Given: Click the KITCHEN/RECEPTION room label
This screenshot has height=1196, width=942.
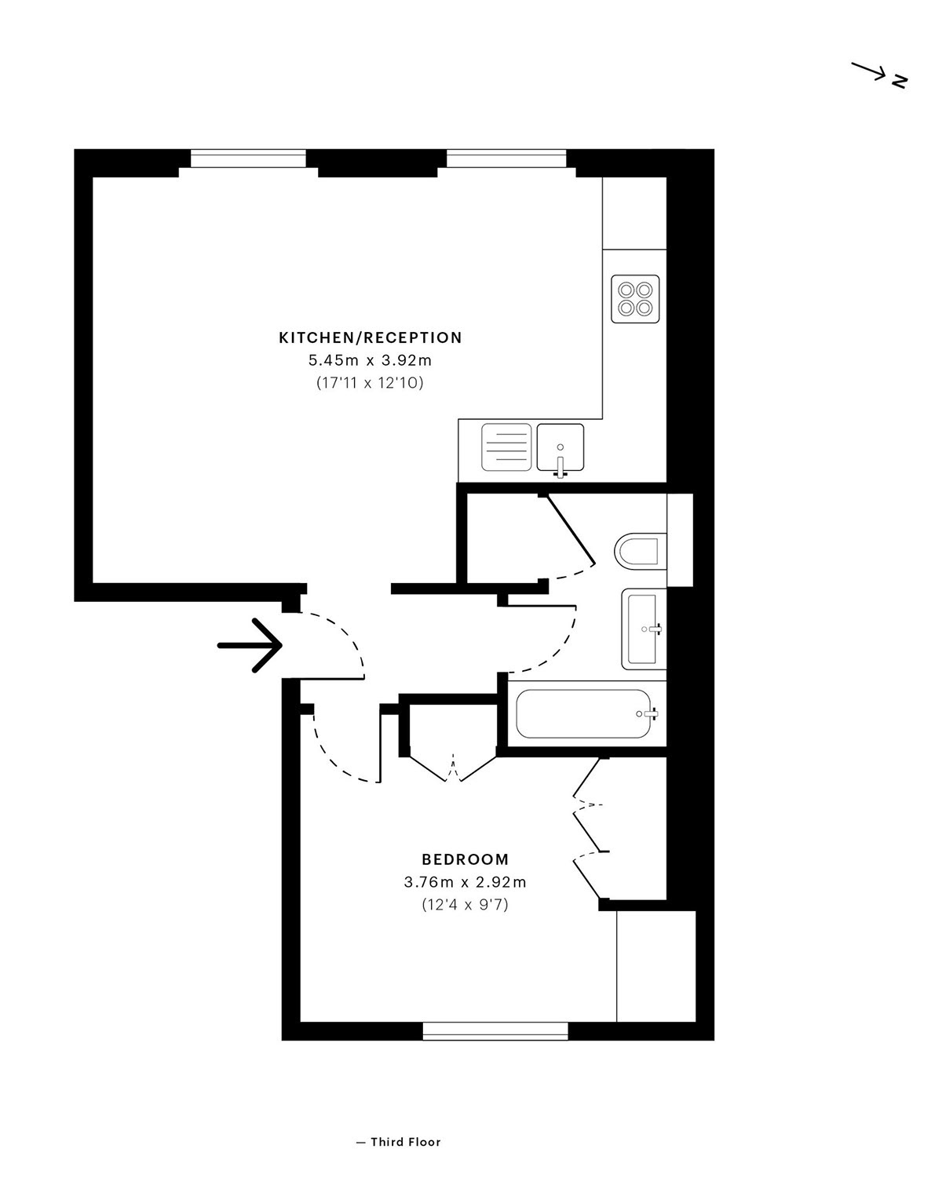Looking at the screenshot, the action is point(371,338).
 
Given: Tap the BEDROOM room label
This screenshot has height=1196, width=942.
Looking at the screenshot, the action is point(466,860).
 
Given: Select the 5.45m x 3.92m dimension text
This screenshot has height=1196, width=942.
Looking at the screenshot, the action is point(371,361).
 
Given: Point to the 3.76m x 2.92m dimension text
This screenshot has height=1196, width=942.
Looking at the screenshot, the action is point(465,883).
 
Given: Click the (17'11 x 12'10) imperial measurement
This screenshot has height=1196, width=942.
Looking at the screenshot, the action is point(371,383).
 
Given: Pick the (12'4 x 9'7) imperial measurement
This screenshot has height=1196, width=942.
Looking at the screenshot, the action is point(466,906).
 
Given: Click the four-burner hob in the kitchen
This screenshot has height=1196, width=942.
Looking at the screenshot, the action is point(635,299).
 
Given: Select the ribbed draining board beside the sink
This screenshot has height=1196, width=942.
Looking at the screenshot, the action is point(506,447).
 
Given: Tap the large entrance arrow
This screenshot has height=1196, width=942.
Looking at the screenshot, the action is point(250,645).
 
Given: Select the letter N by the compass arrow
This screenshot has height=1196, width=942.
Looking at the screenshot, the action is point(899,81).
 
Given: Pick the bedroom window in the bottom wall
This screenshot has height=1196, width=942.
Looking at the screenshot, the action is point(495,1031).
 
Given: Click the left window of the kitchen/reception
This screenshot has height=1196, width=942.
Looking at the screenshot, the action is point(248,159).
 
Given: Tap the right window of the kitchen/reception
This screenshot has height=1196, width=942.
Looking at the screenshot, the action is point(506,159).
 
